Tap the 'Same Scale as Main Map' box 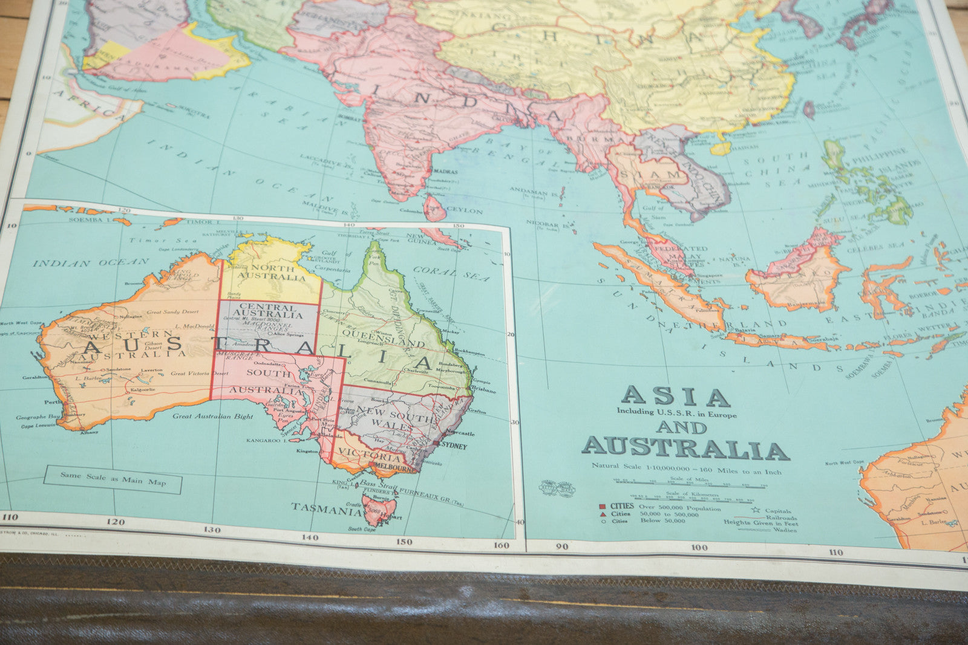click(113, 480)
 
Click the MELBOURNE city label click(394, 467)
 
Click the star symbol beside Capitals click(753, 511)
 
